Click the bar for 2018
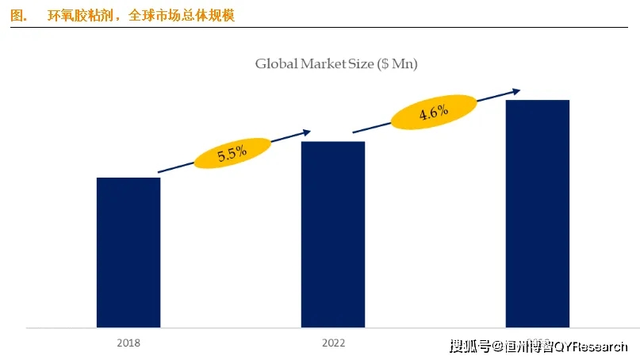coord(128,252)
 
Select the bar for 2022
coord(332,234)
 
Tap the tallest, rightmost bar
coord(537,213)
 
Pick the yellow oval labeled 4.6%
coord(434,113)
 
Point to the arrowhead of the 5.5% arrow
coord(307,132)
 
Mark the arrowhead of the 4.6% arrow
coord(516,90)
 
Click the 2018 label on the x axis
coord(128,343)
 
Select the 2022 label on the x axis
coord(333,343)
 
